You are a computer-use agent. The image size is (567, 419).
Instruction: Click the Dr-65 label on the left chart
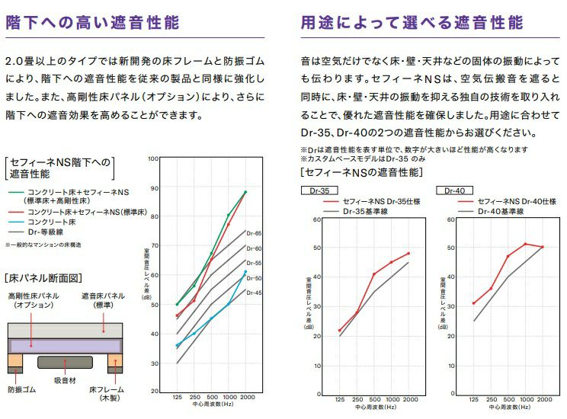point(255,233)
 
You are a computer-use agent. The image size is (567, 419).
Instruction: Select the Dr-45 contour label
point(255,293)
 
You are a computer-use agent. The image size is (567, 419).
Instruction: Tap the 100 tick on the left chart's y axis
point(154,159)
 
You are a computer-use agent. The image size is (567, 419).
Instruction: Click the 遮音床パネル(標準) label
point(104,300)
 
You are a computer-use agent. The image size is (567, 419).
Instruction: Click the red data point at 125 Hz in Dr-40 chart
point(474,303)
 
